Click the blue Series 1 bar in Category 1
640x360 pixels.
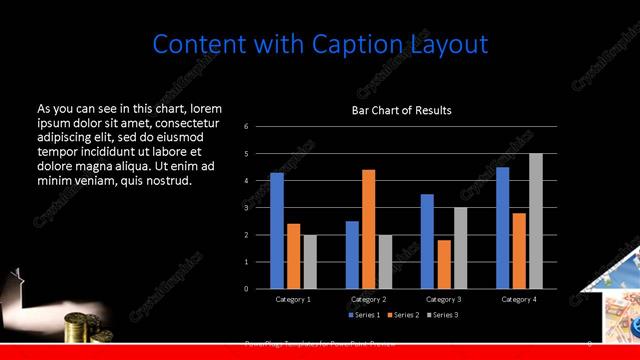277,231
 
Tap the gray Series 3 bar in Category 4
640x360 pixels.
536,221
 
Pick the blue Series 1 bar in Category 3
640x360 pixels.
427,241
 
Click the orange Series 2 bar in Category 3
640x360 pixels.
444,264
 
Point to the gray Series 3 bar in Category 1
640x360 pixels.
309,261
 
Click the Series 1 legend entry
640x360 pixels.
365,315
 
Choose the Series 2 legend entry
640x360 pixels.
404,315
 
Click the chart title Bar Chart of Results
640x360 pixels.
401,110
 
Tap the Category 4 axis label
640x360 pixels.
519,299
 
